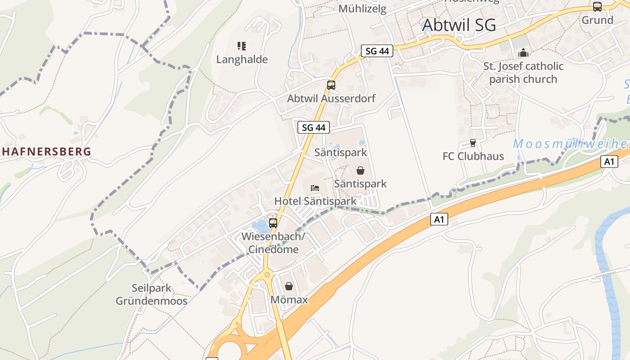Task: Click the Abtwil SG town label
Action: coord(459,25)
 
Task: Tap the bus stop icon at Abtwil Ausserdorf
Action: coord(331,85)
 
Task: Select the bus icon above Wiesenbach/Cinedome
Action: coord(273,223)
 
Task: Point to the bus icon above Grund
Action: coord(597,7)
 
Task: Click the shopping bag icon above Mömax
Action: coord(289,286)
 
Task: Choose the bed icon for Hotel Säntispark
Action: coord(315,188)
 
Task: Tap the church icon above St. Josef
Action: coord(523,53)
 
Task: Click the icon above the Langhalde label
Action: coord(242,46)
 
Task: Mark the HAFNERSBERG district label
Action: coord(45,152)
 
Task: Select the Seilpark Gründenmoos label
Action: coord(152,294)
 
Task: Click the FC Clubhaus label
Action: coord(473,156)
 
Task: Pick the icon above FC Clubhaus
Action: coord(472,143)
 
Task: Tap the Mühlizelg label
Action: coord(362,9)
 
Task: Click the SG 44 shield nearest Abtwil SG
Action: coord(377,51)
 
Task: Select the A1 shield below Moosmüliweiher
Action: coord(608,162)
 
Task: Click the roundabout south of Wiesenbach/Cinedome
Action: coord(267,274)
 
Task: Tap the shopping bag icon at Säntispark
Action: coord(360,171)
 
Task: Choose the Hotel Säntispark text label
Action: coord(315,201)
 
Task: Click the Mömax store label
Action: coord(289,299)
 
